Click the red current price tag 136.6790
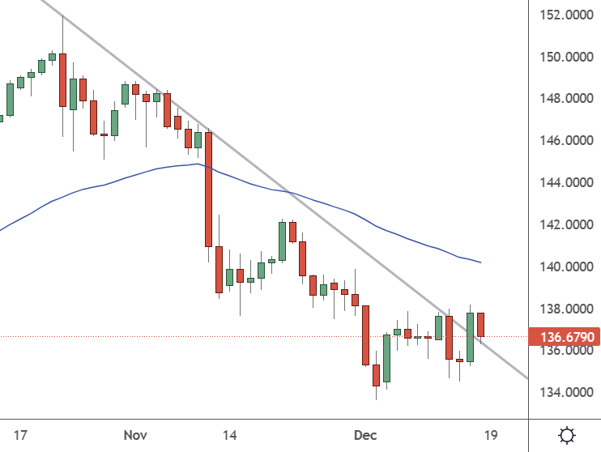coord(564,336)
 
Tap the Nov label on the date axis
coord(135,435)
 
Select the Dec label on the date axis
coord(366,435)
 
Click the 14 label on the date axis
coord(230,435)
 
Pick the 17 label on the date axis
coord(20,435)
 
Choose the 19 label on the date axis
coord(490,435)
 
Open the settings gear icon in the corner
coord(568,435)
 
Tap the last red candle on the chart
coord(480,324)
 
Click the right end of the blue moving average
coord(481,262)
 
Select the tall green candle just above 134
coord(387,358)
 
